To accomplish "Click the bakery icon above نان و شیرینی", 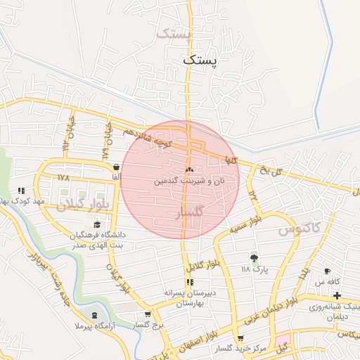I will [188, 170].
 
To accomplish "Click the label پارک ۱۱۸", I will [255, 269].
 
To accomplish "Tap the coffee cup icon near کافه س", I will [327, 271].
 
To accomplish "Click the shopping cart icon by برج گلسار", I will [147, 315].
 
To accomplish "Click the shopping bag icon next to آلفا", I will [115, 167].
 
